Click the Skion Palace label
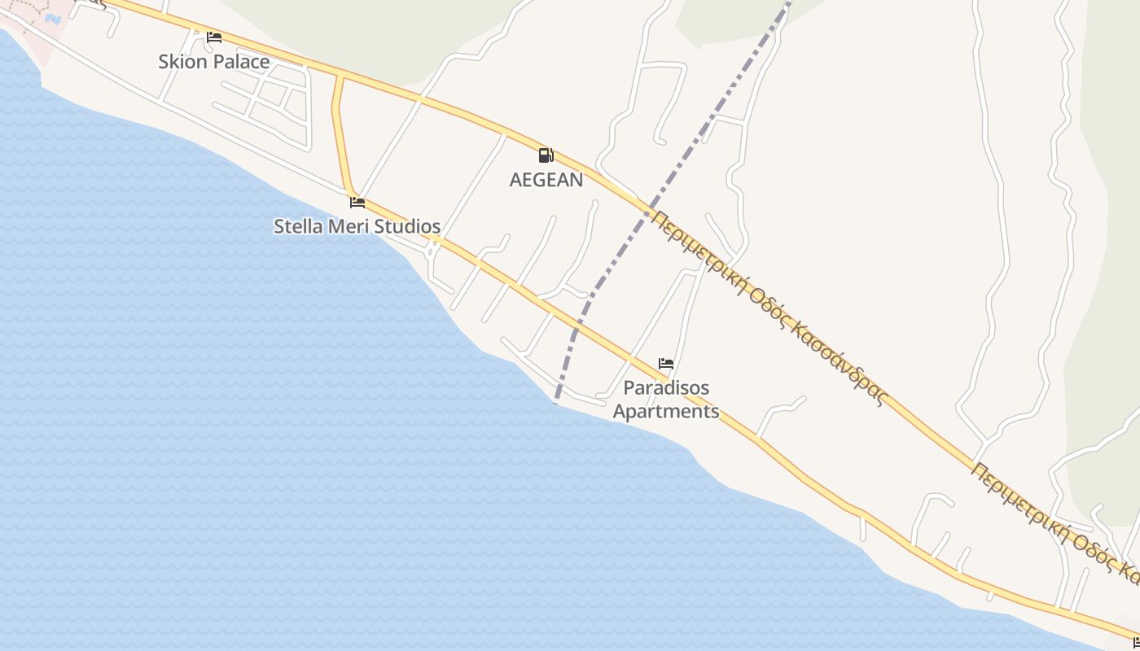pos(213,61)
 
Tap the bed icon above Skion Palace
pos(214,37)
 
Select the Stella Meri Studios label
pos(357,226)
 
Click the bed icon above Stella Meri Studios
pos(357,203)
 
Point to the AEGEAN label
pos(546,180)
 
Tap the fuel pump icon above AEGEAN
pos(546,155)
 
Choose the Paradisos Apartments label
pos(666,399)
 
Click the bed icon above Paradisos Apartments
pos(666,364)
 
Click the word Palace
pos(241,61)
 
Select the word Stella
pos(297,226)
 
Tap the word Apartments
pos(666,411)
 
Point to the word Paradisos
pos(666,387)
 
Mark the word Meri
pos(345,226)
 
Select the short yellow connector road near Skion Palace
pos(340,130)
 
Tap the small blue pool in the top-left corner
pos(53,18)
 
